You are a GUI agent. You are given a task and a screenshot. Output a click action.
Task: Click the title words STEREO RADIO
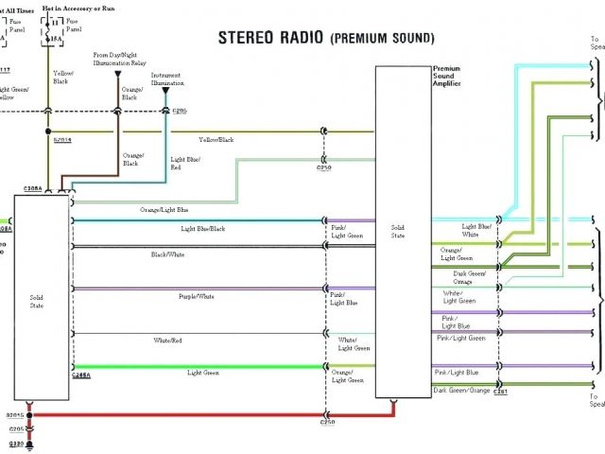(270, 38)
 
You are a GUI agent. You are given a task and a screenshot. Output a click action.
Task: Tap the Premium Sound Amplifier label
(446, 78)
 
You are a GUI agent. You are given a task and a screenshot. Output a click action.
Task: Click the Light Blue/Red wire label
(183, 164)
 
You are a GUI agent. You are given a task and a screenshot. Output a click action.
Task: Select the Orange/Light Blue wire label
(164, 209)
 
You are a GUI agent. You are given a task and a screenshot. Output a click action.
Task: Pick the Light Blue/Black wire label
(203, 229)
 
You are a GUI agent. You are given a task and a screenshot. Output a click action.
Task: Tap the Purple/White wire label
(197, 297)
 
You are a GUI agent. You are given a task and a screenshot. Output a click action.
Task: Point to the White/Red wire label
(168, 340)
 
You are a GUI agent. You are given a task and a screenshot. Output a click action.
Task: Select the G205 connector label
(15, 428)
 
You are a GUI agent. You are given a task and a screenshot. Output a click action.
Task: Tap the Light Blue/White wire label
(475, 230)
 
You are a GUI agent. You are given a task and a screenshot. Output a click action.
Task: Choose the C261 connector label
(500, 392)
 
